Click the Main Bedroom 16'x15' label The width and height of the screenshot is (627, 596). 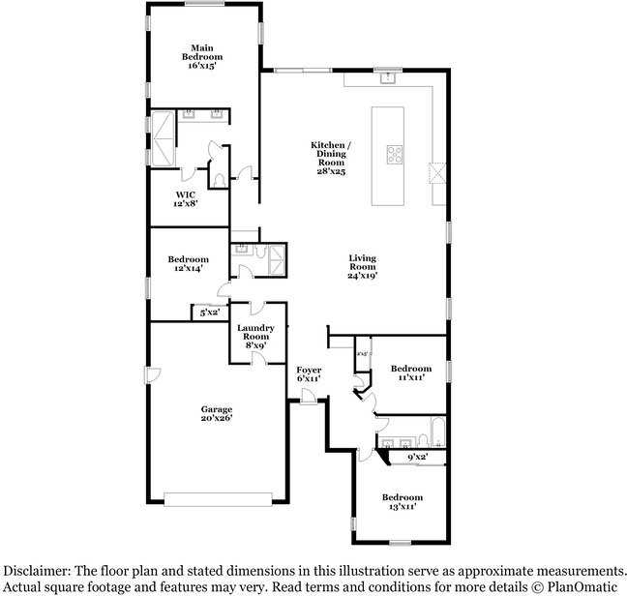point(201,57)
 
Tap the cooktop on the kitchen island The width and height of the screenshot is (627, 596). point(396,152)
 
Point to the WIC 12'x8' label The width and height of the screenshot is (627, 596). point(186,199)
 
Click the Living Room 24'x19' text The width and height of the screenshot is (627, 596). point(363,266)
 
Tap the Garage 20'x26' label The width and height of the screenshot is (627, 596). point(216,414)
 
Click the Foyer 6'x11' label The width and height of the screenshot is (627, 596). point(309,373)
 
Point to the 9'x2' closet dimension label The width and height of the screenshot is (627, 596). point(418,456)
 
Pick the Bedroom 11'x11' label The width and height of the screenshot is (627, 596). point(411,373)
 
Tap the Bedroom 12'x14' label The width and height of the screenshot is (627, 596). point(188,264)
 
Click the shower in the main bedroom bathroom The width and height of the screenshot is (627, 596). point(160,138)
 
